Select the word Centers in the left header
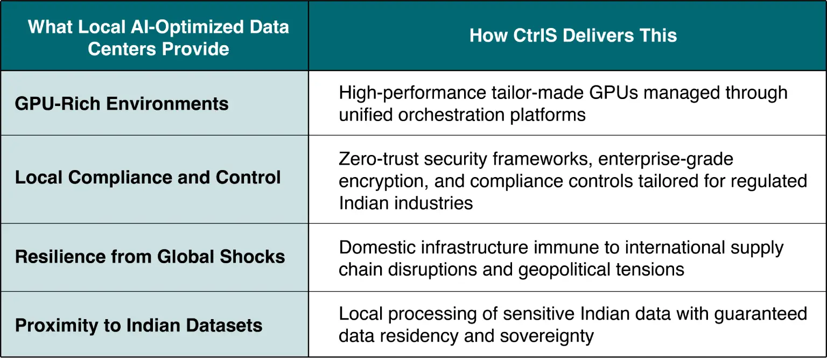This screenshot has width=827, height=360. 122,48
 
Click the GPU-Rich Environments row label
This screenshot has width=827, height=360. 122,104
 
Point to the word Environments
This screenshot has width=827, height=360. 167,104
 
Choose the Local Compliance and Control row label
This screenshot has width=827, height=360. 148,178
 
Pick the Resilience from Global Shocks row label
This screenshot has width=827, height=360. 150,256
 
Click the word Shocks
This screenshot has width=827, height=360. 253,256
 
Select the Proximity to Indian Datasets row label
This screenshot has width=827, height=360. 138,326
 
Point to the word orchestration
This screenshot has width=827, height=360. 451,115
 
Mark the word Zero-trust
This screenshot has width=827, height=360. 379,159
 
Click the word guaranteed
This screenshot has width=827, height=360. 761,314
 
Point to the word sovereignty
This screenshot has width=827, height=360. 547,336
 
